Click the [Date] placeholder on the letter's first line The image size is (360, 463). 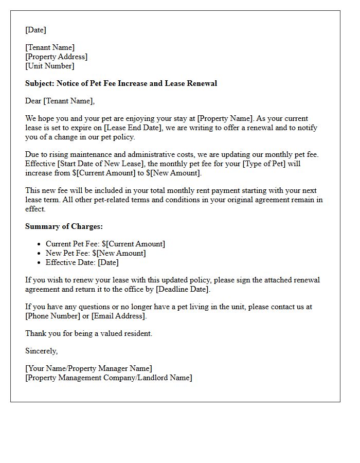click(35, 30)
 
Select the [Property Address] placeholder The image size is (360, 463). click(57, 57)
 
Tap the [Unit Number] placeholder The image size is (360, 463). click(50, 66)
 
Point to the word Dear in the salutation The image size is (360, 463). click(33, 101)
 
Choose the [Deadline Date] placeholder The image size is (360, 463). click(183, 289)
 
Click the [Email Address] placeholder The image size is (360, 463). click(119, 316)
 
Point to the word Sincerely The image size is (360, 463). click(41, 351)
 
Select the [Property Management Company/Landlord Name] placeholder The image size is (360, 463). click(109, 378)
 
